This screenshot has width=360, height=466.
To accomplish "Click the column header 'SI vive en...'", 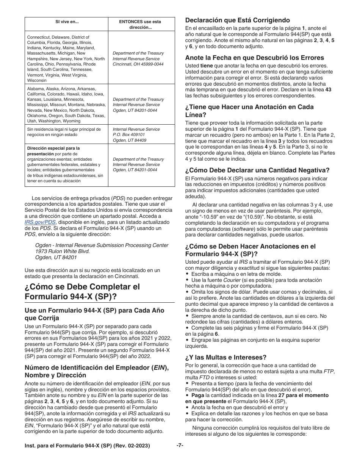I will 66,22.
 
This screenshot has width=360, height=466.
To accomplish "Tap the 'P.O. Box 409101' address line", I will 130,134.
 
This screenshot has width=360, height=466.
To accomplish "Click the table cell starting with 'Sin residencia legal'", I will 64,132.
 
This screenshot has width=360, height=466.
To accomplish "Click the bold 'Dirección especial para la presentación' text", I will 53,151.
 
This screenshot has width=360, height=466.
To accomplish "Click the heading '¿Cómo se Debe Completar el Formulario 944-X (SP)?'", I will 82,291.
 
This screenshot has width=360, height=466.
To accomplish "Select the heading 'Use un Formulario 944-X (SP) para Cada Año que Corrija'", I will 94,314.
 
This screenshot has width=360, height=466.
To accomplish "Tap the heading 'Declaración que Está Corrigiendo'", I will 238,20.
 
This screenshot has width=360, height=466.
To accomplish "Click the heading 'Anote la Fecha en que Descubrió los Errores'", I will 254,58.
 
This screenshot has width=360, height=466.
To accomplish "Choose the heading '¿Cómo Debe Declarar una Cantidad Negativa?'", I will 257,170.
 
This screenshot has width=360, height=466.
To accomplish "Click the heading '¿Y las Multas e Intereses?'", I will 225,357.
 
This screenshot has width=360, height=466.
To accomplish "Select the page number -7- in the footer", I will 180,446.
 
